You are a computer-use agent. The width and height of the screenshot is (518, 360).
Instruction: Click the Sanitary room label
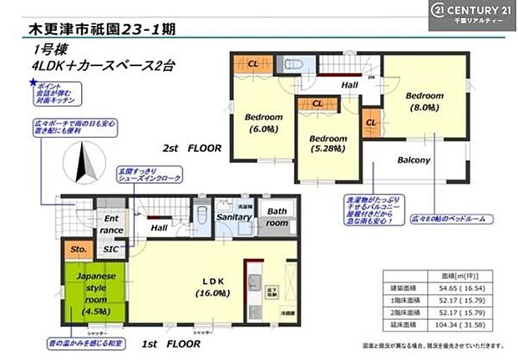(235, 217)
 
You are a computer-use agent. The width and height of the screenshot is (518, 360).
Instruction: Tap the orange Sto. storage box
(79, 248)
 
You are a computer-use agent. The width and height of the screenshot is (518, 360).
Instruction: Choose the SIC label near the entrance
(109, 248)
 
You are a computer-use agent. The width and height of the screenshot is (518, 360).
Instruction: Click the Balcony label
(413, 160)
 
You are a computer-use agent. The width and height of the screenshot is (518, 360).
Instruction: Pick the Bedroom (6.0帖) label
(264, 123)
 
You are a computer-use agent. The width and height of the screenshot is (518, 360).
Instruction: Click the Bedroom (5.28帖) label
(328, 144)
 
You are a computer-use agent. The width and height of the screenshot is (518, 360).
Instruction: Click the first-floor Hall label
(158, 227)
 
